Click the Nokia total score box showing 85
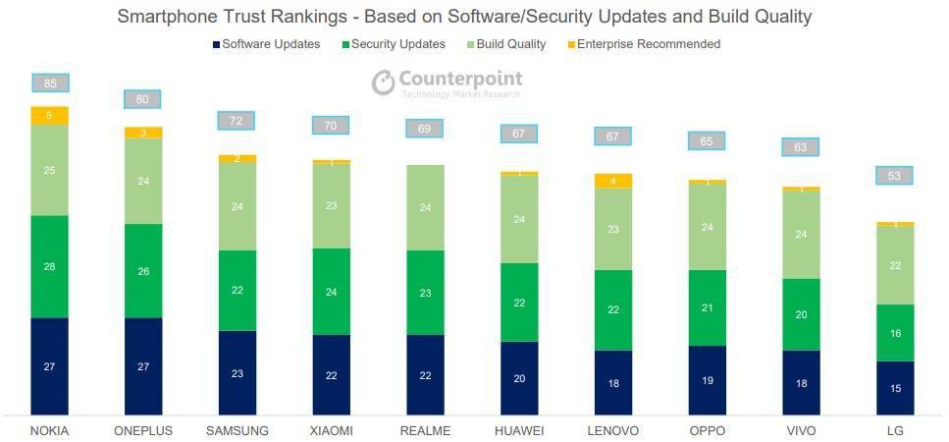(x=50, y=83)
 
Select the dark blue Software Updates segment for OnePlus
(x=143, y=365)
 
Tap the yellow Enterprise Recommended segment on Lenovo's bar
(x=613, y=181)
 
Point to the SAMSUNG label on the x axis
(x=237, y=430)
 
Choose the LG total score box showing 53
(x=894, y=176)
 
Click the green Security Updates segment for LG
(x=895, y=333)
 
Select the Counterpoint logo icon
(x=383, y=83)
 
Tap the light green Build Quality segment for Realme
(x=425, y=207)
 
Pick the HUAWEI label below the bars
(x=520, y=430)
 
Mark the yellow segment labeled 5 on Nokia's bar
(x=50, y=115)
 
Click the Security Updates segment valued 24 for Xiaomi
(x=332, y=292)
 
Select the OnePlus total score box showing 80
(x=142, y=99)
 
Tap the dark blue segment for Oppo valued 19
(x=708, y=379)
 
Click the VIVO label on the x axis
(x=801, y=430)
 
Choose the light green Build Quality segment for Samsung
(x=237, y=206)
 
